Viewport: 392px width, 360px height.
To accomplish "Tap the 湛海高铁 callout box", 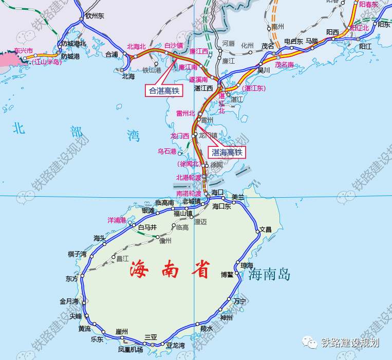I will (x=227, y=152).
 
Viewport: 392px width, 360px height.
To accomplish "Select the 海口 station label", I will (x=218, y=192).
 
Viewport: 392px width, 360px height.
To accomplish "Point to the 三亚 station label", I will (x=151, y=337).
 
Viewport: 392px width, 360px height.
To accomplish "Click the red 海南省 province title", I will (x=170, y=268).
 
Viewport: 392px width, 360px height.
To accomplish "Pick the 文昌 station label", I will (x=265, y=230).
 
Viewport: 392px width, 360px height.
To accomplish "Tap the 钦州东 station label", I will (x=94, y=16).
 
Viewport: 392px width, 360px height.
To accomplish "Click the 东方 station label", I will (x=72, y=279).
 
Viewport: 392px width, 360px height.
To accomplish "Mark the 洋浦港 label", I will (x=117, y=220).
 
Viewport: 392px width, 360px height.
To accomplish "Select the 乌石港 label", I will (x=167, y=151).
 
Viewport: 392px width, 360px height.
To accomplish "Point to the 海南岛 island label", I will (x=269, y=275).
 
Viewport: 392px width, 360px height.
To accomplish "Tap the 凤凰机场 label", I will (x=130, y=350).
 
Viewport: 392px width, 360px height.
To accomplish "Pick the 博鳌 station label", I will (x=227, y=275).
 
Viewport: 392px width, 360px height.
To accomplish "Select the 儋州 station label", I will (x=165, y=240).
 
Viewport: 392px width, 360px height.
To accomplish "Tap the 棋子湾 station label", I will (x=78, y=254).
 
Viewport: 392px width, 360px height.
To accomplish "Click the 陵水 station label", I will (x=206, y=328).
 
